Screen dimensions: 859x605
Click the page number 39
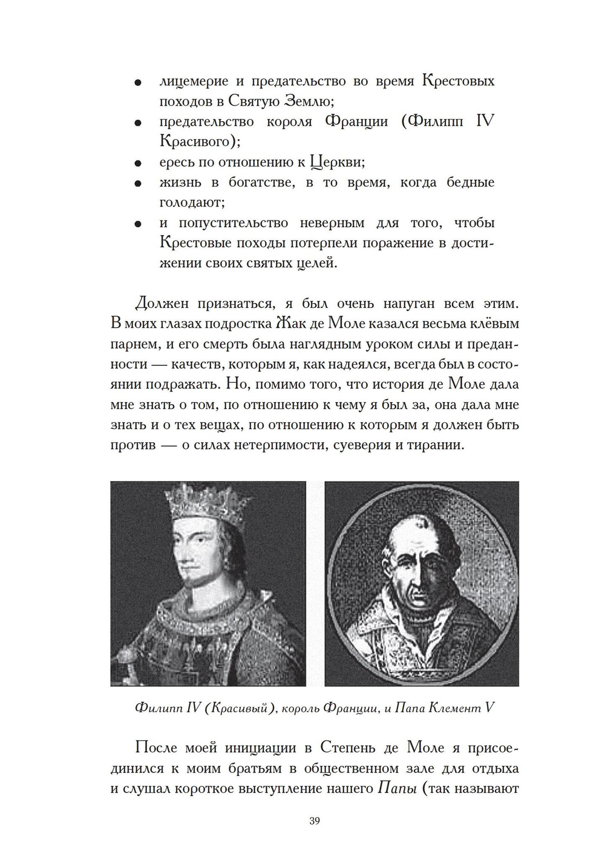click(x=314, y=821)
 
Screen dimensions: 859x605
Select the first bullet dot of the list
click(x=138, y=82)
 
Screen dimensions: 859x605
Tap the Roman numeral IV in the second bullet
click(x=485, y=121)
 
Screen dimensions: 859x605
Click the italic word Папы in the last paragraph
click(x=395, y=788)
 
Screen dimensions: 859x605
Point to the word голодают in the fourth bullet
click(x=189, y=202)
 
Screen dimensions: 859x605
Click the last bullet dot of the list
click(x=138, y=224)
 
